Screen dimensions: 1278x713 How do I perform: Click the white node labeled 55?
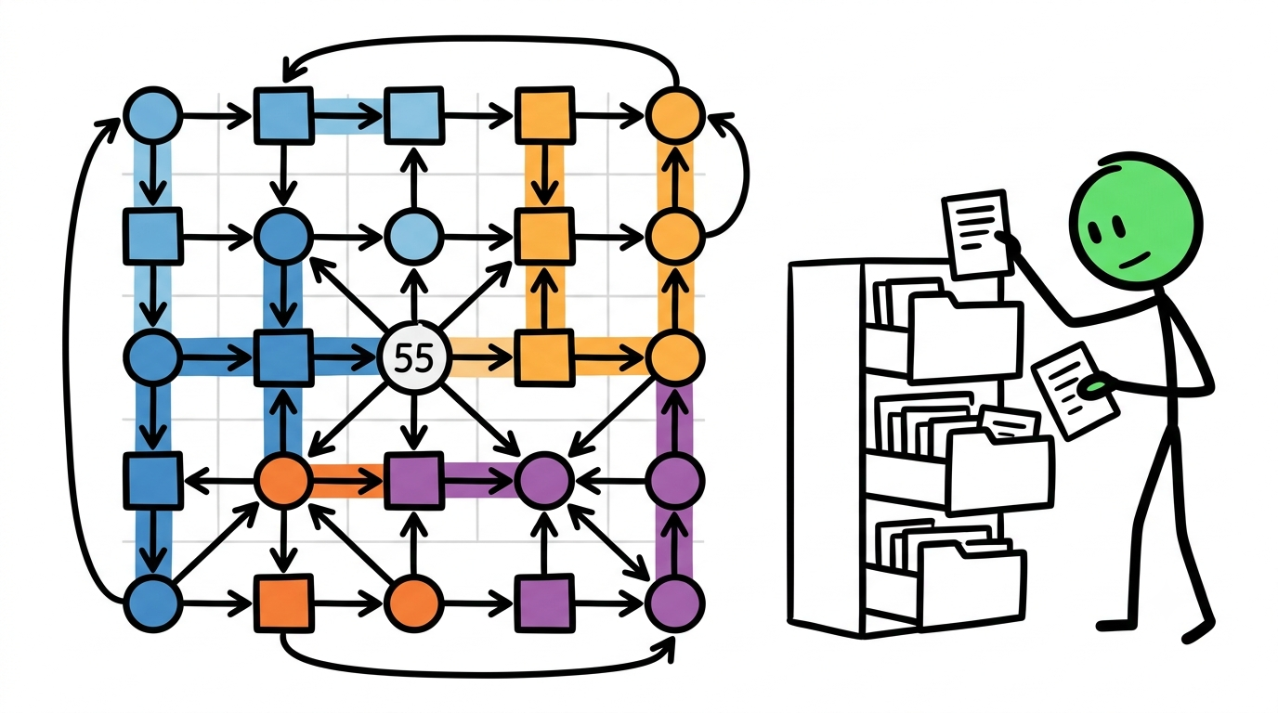tap(414, 358)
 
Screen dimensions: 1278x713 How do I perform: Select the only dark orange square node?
tap(283, 603)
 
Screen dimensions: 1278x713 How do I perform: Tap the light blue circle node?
tap(414, 237)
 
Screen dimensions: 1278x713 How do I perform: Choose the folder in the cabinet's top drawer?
tap(964, 336)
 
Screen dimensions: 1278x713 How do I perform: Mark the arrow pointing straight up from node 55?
tap(414, 294)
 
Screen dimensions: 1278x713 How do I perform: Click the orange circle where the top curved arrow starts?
tap(675, 115)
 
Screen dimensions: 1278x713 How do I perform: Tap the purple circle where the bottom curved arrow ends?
tap(675, 603)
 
